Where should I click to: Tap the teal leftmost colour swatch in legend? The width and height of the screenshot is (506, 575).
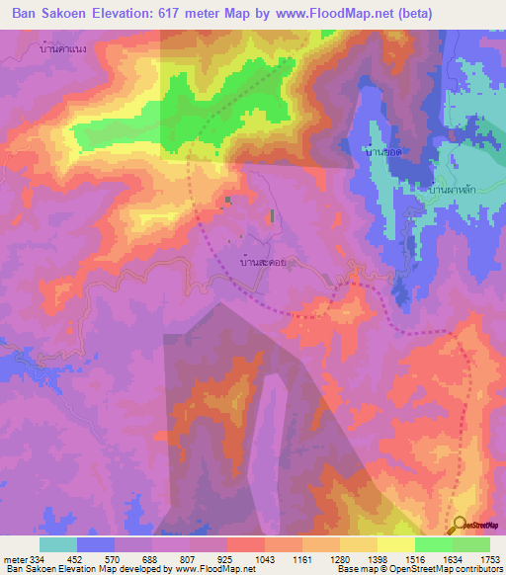(58, 543)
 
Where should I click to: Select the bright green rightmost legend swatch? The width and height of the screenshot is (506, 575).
(470, 543)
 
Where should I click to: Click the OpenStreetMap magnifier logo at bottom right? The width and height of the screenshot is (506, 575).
(461, 526)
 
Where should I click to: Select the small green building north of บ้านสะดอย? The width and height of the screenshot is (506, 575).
(272, 215)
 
